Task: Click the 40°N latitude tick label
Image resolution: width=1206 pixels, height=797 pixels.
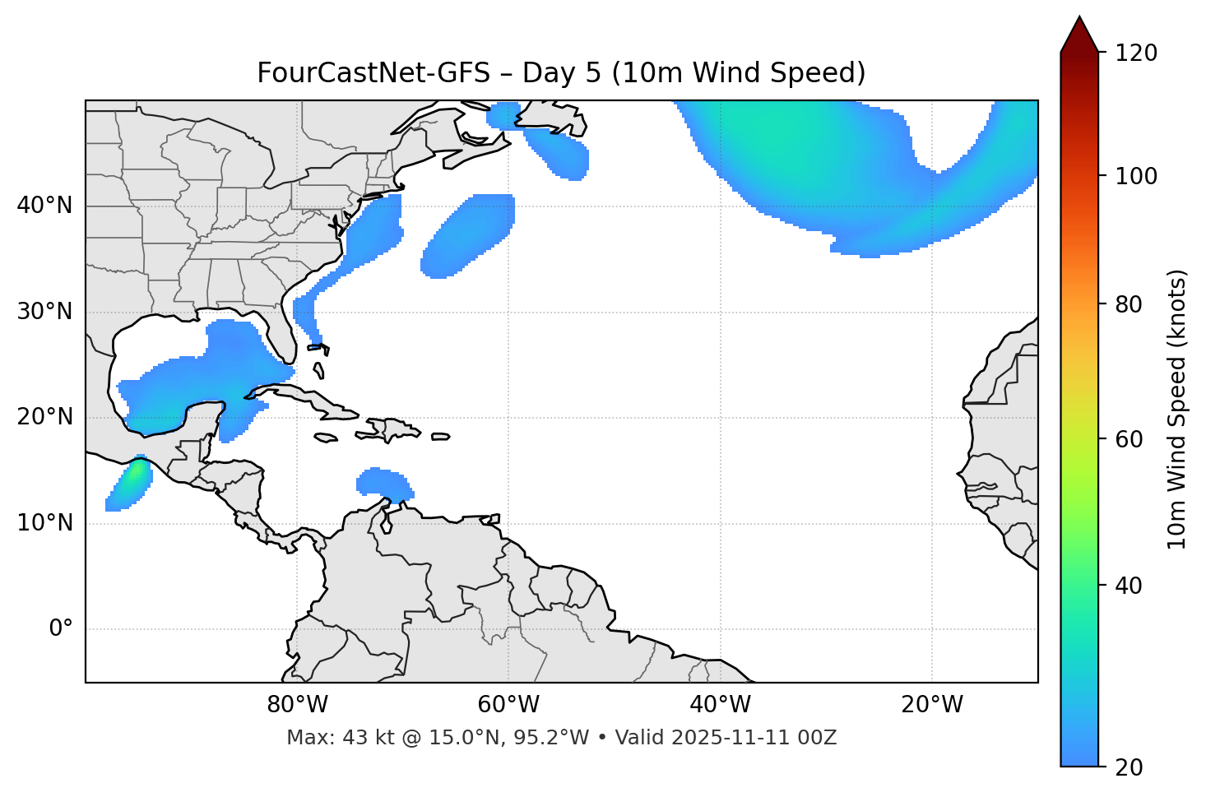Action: [44, 206]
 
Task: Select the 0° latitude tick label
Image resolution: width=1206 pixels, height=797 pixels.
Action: [61, 629]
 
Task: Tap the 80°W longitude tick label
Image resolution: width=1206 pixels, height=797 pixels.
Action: [297, 705]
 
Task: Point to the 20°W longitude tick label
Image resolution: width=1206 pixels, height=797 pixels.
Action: [932, 705]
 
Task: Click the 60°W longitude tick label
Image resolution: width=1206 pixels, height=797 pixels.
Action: [508, 705]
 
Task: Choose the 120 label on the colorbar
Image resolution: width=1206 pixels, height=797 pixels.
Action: [1135, 53]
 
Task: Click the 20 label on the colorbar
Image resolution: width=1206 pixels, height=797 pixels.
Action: [1129, 767]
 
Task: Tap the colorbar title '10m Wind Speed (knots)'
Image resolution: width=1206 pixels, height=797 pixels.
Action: [1177, 410]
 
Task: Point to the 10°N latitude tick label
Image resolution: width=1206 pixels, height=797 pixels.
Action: [44, 523]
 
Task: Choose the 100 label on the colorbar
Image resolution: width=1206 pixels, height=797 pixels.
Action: [1135, 176]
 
